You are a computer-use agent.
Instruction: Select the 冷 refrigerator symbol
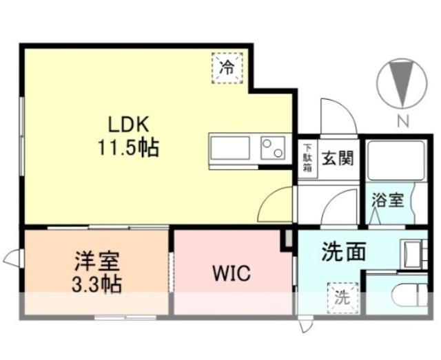[x=226, y=67]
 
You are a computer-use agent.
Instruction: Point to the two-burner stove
[x=273, y=147]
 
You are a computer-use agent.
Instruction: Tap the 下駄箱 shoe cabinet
[x=307, y=156]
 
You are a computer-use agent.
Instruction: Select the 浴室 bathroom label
[x=388, y=200]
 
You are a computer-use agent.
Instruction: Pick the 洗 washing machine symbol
[x=342, y=297]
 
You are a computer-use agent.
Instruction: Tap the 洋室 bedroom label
[x=98, y=262]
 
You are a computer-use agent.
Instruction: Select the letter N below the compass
[x=402, y=122]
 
